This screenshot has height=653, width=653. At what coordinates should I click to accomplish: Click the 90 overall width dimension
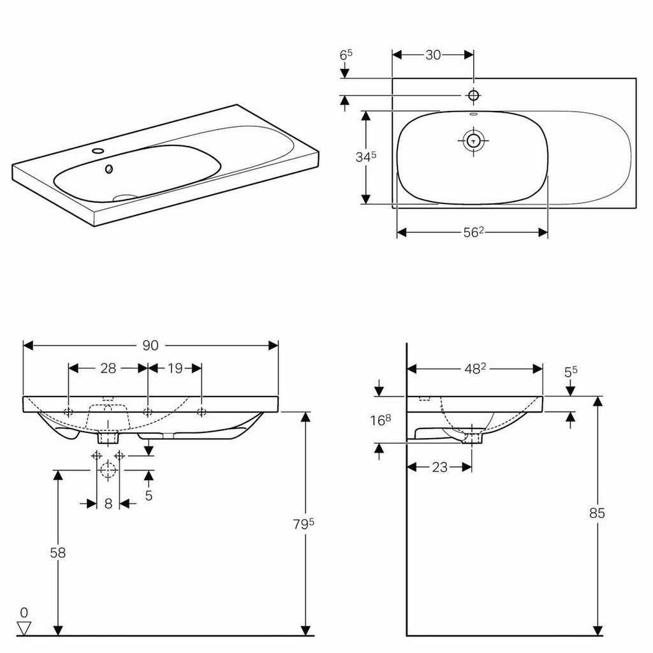point(150,345)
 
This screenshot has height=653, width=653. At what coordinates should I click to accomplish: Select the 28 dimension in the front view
point(108,368)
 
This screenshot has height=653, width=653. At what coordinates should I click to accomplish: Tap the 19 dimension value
point(175,368)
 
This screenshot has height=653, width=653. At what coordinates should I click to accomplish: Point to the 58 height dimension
point(58,552)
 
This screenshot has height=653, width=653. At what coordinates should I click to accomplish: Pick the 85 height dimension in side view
point(597,513)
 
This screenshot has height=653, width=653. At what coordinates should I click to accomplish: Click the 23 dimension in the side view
point(439,467)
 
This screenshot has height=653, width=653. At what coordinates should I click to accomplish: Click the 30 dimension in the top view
point(433,55)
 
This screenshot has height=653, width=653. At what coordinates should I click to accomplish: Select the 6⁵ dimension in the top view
point(346,55)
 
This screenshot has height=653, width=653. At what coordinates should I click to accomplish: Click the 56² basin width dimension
point(472,233)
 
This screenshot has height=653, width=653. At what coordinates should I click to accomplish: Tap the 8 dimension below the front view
point(108,504)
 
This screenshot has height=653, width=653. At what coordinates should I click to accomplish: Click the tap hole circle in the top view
point(473,95)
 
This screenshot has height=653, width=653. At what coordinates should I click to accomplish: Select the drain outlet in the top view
point(473,140)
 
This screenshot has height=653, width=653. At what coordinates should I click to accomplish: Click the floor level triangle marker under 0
point(24,628)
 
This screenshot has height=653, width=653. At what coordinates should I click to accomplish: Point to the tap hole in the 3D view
point(98,152)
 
